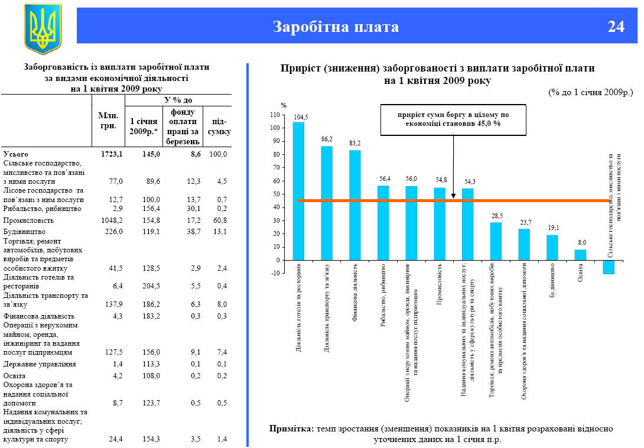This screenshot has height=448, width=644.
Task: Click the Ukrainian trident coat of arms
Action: coord(42,28)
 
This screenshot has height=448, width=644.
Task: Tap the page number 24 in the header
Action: coord(616,27)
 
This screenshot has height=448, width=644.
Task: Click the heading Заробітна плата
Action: coord(336,27)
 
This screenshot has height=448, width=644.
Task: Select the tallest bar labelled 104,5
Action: coord(299,191)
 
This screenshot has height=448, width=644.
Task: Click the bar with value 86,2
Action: coord(327,203)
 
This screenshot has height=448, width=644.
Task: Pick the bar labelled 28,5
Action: coord(496,241)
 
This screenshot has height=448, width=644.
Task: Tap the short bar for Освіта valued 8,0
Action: coord(580,255)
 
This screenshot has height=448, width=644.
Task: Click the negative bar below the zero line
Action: coord(609,267)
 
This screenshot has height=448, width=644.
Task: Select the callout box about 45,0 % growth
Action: coord(453,119)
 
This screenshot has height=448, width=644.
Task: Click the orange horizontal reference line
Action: coord(414,201)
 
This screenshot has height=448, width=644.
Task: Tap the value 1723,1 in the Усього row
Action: coord(111,154)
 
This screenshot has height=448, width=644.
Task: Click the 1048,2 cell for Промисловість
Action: coord(111,220)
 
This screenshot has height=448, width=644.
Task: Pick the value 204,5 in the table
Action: coord(151,286)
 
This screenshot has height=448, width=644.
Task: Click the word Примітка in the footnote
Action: coord(291,428)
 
